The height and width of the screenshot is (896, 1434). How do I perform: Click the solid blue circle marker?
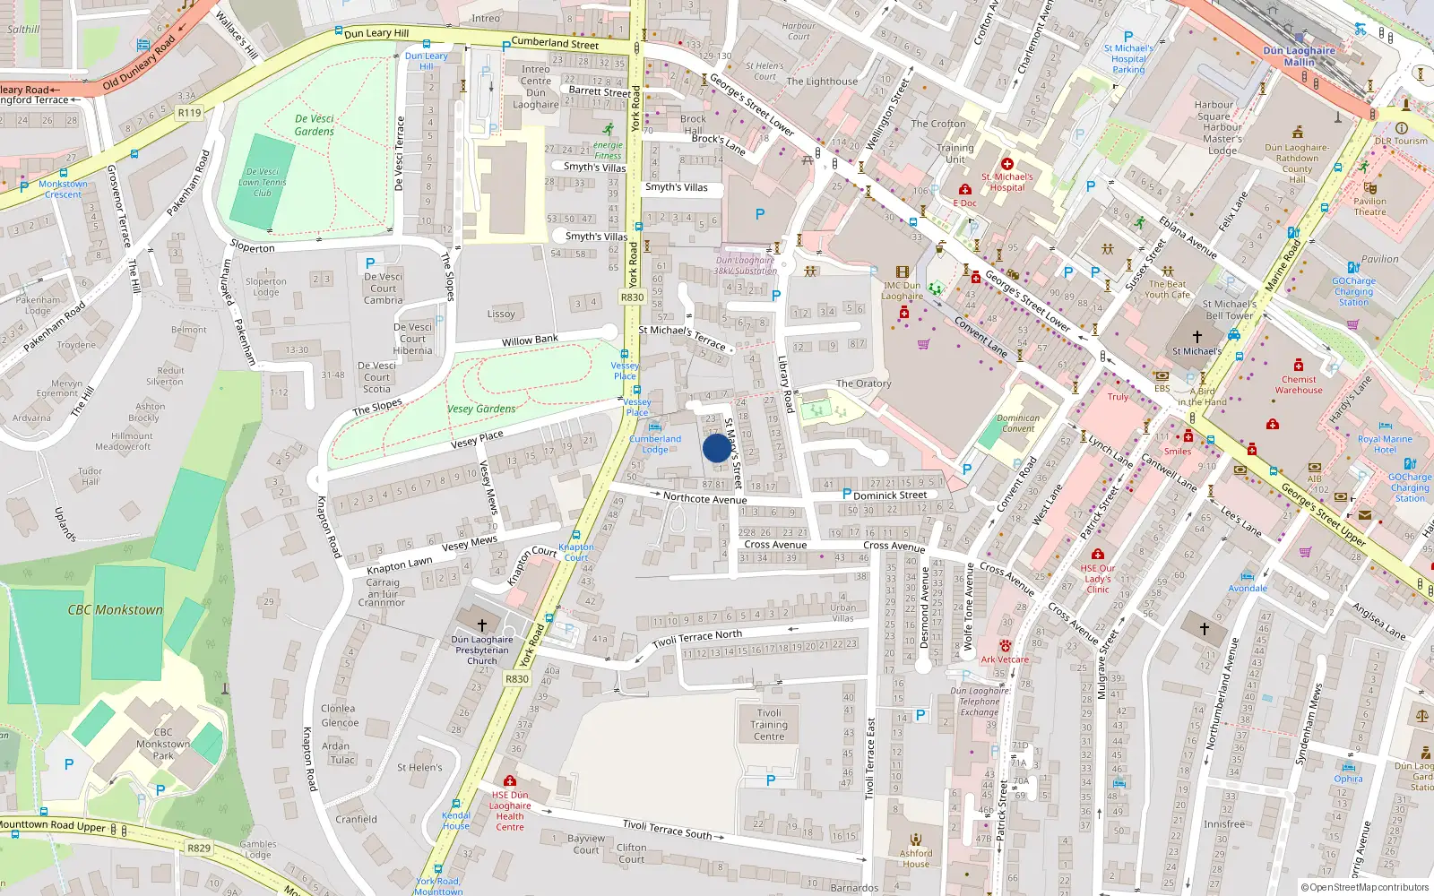pyautogui.click(x=716, y=448)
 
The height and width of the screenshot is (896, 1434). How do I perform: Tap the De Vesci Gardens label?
pyautogui.click(x=314, y=125)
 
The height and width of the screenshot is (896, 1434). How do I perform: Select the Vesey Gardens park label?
pyautogui.click(x=481, y=409)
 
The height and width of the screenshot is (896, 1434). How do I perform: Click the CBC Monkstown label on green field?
pyautogui.click(x=116, y=610)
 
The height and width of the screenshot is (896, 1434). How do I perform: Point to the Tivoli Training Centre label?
pyautogui.click(x=769, y=725)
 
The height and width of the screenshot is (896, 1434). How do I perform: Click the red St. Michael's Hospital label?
pyautogui.click(x=1007, y=182)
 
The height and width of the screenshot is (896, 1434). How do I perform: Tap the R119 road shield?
pyautogui.click(x=189, y=113)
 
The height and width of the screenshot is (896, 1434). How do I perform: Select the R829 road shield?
pyautogui.click(x=199, y=848)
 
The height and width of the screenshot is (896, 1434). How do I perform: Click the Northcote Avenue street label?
pyautogui.click(x=704, y=498)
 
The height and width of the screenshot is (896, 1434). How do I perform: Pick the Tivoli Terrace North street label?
pyautogui.click(x=697, y=639)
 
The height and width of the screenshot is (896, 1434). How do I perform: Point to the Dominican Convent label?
pyautogui.click(x=1018, y=423)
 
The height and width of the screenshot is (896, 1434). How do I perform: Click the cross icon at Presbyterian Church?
pyautogui.click(x=482, y=625)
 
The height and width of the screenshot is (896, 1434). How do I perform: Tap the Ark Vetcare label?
pyautogui.click(x=1005, y=659)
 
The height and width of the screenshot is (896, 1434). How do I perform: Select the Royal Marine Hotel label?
pyautogui.click(x=1385, y=444)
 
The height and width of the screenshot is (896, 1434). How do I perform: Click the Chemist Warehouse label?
pyautogui.click(x=1299, y=384)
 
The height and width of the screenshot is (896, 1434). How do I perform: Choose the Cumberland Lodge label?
pyautogui.click(x=655, y=444)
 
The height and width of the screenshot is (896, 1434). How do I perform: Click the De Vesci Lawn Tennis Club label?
pyautogui.click(x=262, y=182)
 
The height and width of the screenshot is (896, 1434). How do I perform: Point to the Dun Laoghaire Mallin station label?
pyautogui.click(x=1299, y=56)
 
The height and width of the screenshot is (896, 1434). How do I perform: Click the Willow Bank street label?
pyautogui.click(x=530, y=340)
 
